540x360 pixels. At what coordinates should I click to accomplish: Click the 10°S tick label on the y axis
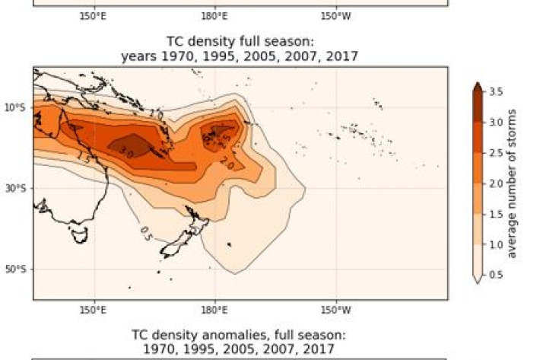15,107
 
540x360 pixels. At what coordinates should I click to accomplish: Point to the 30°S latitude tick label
15,188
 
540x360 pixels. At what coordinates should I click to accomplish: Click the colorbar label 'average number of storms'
512,183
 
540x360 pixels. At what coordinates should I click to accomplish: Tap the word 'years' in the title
138,56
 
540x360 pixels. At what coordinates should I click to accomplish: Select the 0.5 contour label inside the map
146,237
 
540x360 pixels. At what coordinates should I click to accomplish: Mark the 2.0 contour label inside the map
227,162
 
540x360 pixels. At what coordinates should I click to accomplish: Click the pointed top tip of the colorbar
477,84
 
